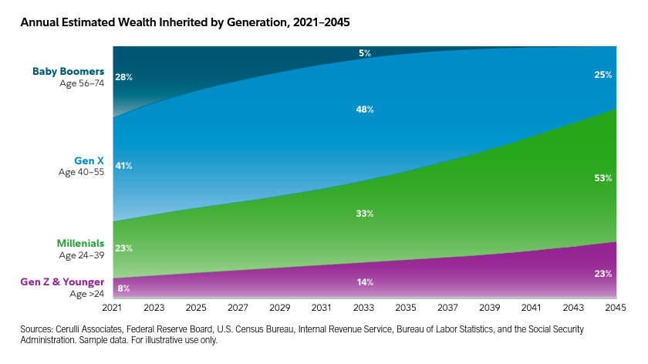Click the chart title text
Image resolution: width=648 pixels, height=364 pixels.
click(x=185, y=22)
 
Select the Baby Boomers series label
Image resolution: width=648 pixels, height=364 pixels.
click(x=68, y=72)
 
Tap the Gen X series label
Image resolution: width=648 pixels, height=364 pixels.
click(x=89, y=160)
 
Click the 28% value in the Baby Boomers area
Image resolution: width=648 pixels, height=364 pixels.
click(x=123, y=77)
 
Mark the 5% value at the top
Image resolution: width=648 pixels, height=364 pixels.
click(x=365, y=53)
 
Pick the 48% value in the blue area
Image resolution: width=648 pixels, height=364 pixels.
click(x=365, y=110)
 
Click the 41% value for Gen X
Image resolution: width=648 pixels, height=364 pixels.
click(x=123, y=166)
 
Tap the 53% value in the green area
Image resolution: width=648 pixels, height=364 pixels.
click(x=603, y=178)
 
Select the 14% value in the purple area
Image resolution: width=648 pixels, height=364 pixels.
click(x=365, y=282)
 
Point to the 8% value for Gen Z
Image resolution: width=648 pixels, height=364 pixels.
click(x=123, y=288)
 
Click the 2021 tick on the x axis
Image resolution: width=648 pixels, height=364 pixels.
click(x=113, y=308)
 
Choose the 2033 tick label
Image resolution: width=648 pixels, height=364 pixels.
click(x=365, y=308)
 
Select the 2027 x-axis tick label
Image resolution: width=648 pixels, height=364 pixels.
click(x=239, y=308)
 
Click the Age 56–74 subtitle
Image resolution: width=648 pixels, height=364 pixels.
click(x=81, y=83)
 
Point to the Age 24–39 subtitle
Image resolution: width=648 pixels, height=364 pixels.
click(x=81, y=254)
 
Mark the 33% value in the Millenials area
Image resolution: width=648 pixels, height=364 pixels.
click(x=365, y=214)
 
